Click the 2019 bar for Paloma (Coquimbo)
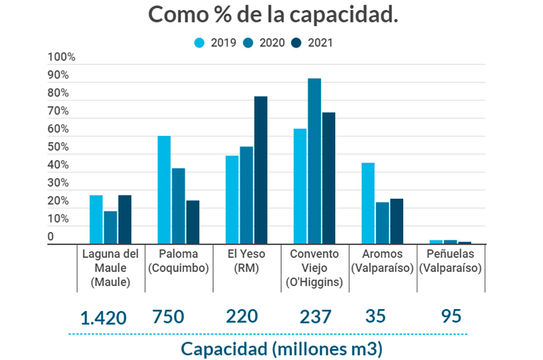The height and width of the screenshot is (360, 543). (164, 190)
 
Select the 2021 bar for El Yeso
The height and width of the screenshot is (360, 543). (261, 170)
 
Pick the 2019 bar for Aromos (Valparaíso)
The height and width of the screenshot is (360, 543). (368, 203)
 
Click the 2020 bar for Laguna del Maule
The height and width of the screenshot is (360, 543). (111, 227)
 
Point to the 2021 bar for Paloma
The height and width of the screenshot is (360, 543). (193, 221)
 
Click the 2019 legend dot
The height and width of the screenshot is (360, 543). (200, 43)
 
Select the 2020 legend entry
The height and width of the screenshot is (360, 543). (267, 43)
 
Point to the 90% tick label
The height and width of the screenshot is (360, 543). (58, 75)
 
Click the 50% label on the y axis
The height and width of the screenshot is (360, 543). (58, 147)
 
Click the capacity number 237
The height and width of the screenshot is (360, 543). (316, 317)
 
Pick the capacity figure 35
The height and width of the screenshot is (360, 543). (375, 317)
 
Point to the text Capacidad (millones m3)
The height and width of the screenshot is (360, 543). (282, 349)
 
